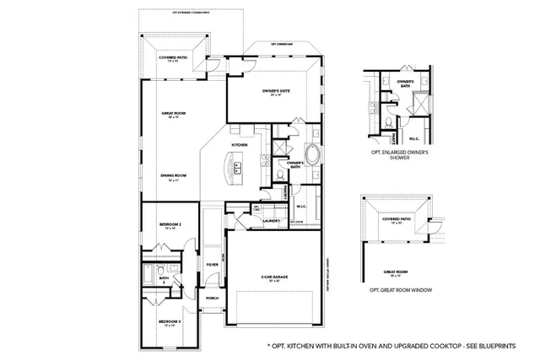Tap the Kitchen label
pyautogui.click(x=240, y=145)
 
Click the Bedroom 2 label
pyautogui.click(x=171, y=225)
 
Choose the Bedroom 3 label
pyautogui.click(x=170, y=321)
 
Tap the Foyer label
pyautogui.click(x=212, y=264)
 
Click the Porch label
pyautogui.click(x=212, y=297)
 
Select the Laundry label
pyautogui.click(x=271, y=221)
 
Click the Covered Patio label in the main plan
pyautogui.click(x=173, y=58)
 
